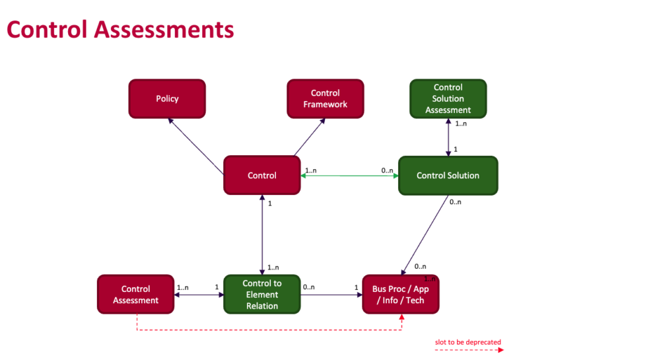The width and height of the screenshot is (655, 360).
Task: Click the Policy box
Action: pyautogui.click(x=167, y=98)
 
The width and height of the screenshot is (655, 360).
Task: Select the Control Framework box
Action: pyautogui.click(x=326, y=98)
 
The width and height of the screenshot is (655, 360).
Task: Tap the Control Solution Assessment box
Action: pyautogui.click(x=448, y=98)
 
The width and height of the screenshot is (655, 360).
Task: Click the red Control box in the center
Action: pyautogui.click(x=262, y=175)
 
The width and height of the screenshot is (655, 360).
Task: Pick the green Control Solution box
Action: pyautogui.click(x=448, y=176)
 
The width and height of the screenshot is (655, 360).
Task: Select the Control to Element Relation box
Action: pyautogui.click(x=262, y=295)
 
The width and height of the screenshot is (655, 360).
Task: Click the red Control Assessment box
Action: pyautogui.click(x=136, y=295)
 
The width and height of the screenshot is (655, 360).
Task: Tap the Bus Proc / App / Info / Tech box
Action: pyautogui.click(x=401, y=295)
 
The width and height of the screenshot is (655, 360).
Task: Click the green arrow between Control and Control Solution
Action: pyautogui.click(x=350, y=176)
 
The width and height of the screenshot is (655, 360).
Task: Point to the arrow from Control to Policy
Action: pyautogui.click(x=195, y=146)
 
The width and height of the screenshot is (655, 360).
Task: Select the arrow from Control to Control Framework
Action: pyautogui.click(x=310, y=137)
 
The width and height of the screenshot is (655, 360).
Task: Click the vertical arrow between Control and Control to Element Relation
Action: pyautogui.click(x=262, y=235)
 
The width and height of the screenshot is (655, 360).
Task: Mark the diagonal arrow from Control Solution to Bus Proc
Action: pyautogui.click(x=425, y=235)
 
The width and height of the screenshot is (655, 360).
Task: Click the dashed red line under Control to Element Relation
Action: pyautogui.click(x=269, y=330)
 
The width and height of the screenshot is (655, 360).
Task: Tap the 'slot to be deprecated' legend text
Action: pyautogui.click(x=468, y=342)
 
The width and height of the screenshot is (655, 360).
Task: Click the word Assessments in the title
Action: pyautogui.click(x=164, y=30)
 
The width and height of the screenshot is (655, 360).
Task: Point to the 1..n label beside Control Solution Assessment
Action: pyautogui.click(x=461, y=124)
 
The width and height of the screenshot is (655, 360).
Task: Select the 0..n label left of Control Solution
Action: pyautogui.click(x=387, y=170)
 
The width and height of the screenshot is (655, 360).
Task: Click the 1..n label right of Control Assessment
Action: pyautogui.click(x=182, y=287)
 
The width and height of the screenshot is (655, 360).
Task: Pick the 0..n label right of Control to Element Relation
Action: pyautogui.click(x=309, y=287)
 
